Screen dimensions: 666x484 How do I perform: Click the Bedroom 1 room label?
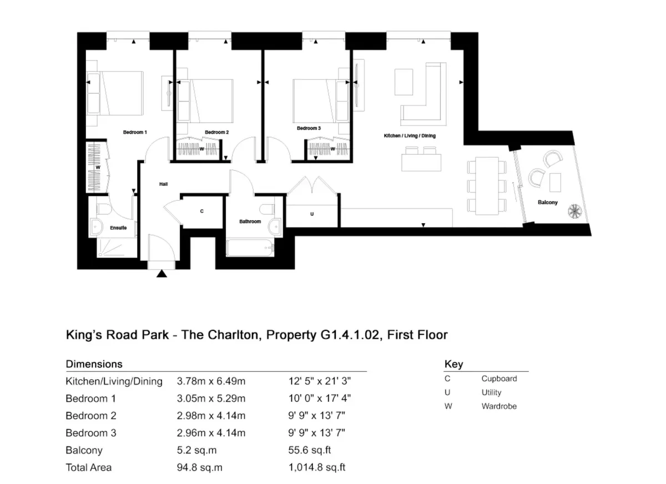[x=135, y=132]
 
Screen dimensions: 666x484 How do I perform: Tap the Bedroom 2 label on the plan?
[x=217, y=132]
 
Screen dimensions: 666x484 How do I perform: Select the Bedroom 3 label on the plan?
[x=309, y=128]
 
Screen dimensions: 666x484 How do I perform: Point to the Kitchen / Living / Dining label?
[x=410, y=136]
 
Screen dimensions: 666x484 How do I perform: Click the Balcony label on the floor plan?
[x=548, y=203]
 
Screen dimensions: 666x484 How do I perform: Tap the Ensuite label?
[x=118, y=228]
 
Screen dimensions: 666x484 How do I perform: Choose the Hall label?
[x=164, y=184]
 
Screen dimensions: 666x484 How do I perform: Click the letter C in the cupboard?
[x=202, y=211]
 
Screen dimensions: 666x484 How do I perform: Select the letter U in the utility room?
[x=312, y=214]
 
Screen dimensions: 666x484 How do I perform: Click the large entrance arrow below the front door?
[x=162, y=274]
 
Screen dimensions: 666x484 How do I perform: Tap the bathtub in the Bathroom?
[x=250, y=248]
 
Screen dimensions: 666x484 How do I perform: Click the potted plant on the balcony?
[x=574, y=211]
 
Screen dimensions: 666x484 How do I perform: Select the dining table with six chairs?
[x=487, y=186]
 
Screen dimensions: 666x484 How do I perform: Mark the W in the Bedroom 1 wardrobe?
[x=98, y=168]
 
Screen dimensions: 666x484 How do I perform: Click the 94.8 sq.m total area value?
[x=199, y=468]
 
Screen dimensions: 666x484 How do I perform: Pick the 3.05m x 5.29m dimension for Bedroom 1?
[x=211, y=399]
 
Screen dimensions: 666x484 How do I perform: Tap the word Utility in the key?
[x=491, y=393]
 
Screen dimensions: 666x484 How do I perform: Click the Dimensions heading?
[x=94, y=364]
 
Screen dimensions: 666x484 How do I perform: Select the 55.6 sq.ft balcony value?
[x=310, y=450]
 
